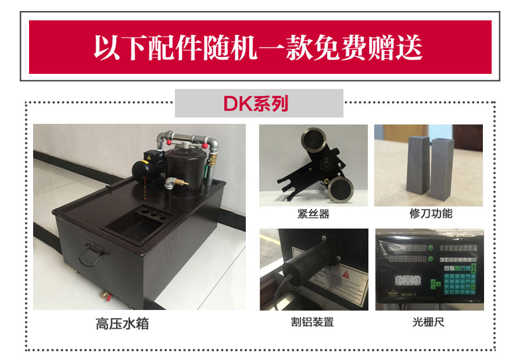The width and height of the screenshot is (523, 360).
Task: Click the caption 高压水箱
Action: point(122,324)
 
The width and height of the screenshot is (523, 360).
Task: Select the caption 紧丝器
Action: point(313,214)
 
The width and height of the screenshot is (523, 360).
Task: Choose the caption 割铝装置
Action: point(313,322)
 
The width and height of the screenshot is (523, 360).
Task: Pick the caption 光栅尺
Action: point(428,322)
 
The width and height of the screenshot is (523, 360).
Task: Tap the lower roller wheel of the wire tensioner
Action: point(339,187)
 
